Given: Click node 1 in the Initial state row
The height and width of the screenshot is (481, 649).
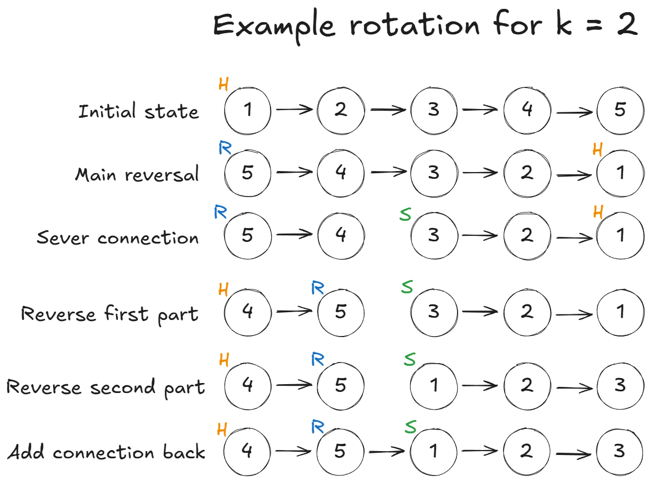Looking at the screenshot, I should pyautogui.click(x=248, y=110).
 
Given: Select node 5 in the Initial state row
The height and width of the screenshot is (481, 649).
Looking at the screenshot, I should pyautogui.click(x=620, y=110).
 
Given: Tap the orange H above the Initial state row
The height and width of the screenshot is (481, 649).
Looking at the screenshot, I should pyautogui.click(x=224, y=84).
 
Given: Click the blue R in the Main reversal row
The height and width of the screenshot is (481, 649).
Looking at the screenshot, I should pyautogui.click(x=225, y=148).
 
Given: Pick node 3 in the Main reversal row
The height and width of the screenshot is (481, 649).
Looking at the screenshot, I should pyautogui.click(x=434, y=173).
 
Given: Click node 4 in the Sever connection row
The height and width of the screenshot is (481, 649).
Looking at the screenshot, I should pyautogui.click(x=341, y=235).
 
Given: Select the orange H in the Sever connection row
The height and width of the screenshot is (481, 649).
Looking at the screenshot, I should pyautogui.click(x=598, y=211).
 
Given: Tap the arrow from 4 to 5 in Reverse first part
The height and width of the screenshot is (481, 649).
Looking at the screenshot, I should pyautogui.click(x=294, y=312).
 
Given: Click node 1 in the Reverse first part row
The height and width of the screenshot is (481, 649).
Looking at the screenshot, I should pyautogui.click(x=620, y=312).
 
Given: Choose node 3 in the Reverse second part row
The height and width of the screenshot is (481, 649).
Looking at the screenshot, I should pyautogui.click(x=620, y=385).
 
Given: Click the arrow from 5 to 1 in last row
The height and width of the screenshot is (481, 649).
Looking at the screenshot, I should pyautogui.click(x=387, y=452).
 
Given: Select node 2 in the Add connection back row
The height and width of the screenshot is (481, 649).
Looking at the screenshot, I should pyautogui.click(x=527, y=452).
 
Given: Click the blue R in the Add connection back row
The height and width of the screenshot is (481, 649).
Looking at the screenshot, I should pyautogui.click(x=318, y=426).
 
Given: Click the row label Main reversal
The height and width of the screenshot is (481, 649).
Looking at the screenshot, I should pyautogui.click(x=137, y=175).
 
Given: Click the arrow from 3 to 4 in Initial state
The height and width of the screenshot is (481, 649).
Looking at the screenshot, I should pyautogui.click(x=480, y=110).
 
